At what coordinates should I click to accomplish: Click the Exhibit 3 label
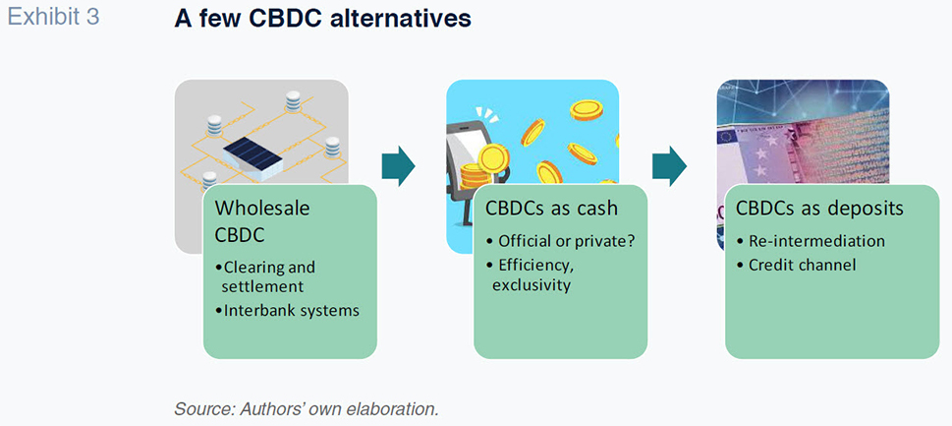point(53,18)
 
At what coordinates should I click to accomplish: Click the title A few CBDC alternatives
point(322,19)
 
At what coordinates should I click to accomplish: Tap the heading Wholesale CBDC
point(262,221)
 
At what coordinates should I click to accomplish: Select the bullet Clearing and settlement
point(265,275)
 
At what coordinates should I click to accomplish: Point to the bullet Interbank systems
point(287,310)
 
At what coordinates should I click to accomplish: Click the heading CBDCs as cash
point(551,208)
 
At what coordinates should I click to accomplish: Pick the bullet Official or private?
point(560,241)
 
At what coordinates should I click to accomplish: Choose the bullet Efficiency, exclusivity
point(532,274)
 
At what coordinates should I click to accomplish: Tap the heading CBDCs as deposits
point(819,208)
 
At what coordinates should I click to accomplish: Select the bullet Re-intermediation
point(811,241)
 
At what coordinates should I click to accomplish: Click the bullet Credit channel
point(796,266)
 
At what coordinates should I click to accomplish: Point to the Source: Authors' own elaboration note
point(306,408)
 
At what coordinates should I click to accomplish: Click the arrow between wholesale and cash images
point(398,165)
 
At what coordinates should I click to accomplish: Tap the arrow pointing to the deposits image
point(669,165)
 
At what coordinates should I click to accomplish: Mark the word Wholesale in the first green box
point(262,208)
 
